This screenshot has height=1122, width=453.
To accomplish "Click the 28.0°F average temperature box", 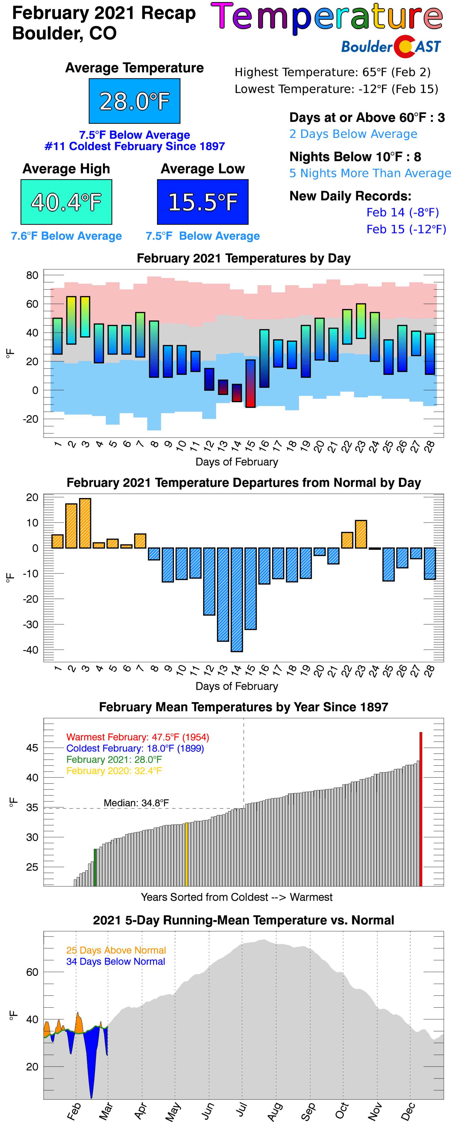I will coord(134,101).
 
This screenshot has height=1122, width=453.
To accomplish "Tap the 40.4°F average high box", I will coord(66,202).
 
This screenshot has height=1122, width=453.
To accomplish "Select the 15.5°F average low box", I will coord(203,202).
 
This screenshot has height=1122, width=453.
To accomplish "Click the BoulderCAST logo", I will coord(391,46).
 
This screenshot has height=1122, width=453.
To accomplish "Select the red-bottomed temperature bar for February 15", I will coord(250,383).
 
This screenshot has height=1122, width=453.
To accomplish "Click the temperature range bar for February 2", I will coord(71,320).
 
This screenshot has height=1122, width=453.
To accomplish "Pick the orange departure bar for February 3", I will coord(85,523).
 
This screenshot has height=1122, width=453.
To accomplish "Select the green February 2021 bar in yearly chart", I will coord(95,867).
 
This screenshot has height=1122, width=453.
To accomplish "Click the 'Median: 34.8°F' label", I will coord(136,803).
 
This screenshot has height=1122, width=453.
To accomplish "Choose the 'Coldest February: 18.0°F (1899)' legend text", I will coord(135,748).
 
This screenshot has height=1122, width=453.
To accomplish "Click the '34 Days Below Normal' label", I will coord(116,961).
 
